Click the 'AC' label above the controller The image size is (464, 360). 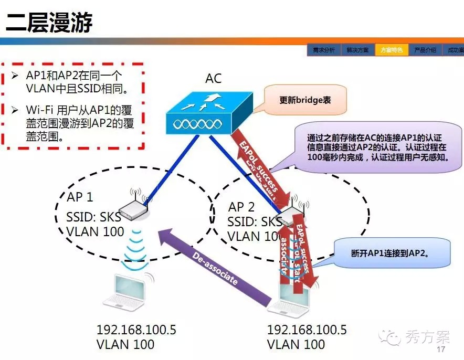tap(213, 79)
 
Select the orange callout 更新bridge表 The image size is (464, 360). tap(305, 100)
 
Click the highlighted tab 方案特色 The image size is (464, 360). tap(392, 50)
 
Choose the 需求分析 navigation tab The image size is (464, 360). tap(323, 50)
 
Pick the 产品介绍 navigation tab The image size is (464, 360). tap(425, 50)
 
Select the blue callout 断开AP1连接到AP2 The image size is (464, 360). tap(389, 253)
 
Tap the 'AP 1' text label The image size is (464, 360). tap(80, 197)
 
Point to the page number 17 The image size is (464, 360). tap(441, 350)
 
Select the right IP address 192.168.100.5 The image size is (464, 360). tap(307, 330)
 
